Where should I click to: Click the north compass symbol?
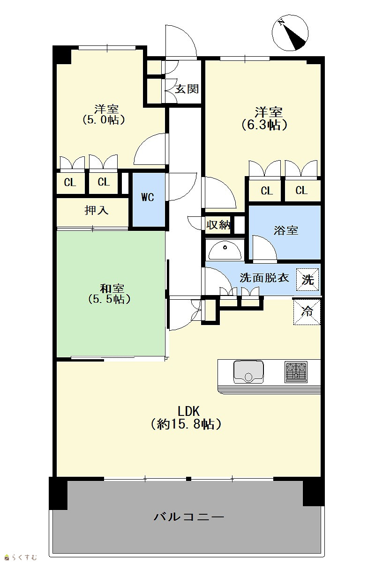(290, 33)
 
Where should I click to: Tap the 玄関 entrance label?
(187, 89)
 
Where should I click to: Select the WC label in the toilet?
(148, 197)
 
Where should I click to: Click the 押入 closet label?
(97, 210)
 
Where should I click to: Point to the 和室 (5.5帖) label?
(110, 294)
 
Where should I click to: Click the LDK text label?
(188, 411)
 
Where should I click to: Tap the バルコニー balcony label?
(188, 517)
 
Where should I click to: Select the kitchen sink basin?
(248, 372)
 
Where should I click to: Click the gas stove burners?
(296, 372)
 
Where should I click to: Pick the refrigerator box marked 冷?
(307, 312)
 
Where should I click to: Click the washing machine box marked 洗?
(307, 280)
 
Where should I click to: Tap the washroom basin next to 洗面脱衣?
(225, 250)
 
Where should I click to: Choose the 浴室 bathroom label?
(286, 230)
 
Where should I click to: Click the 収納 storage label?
(218, 225)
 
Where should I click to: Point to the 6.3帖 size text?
(264, 125)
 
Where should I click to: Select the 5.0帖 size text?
(104, 120)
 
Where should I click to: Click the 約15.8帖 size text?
(186, 424)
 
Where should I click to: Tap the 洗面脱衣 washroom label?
(264, 277)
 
